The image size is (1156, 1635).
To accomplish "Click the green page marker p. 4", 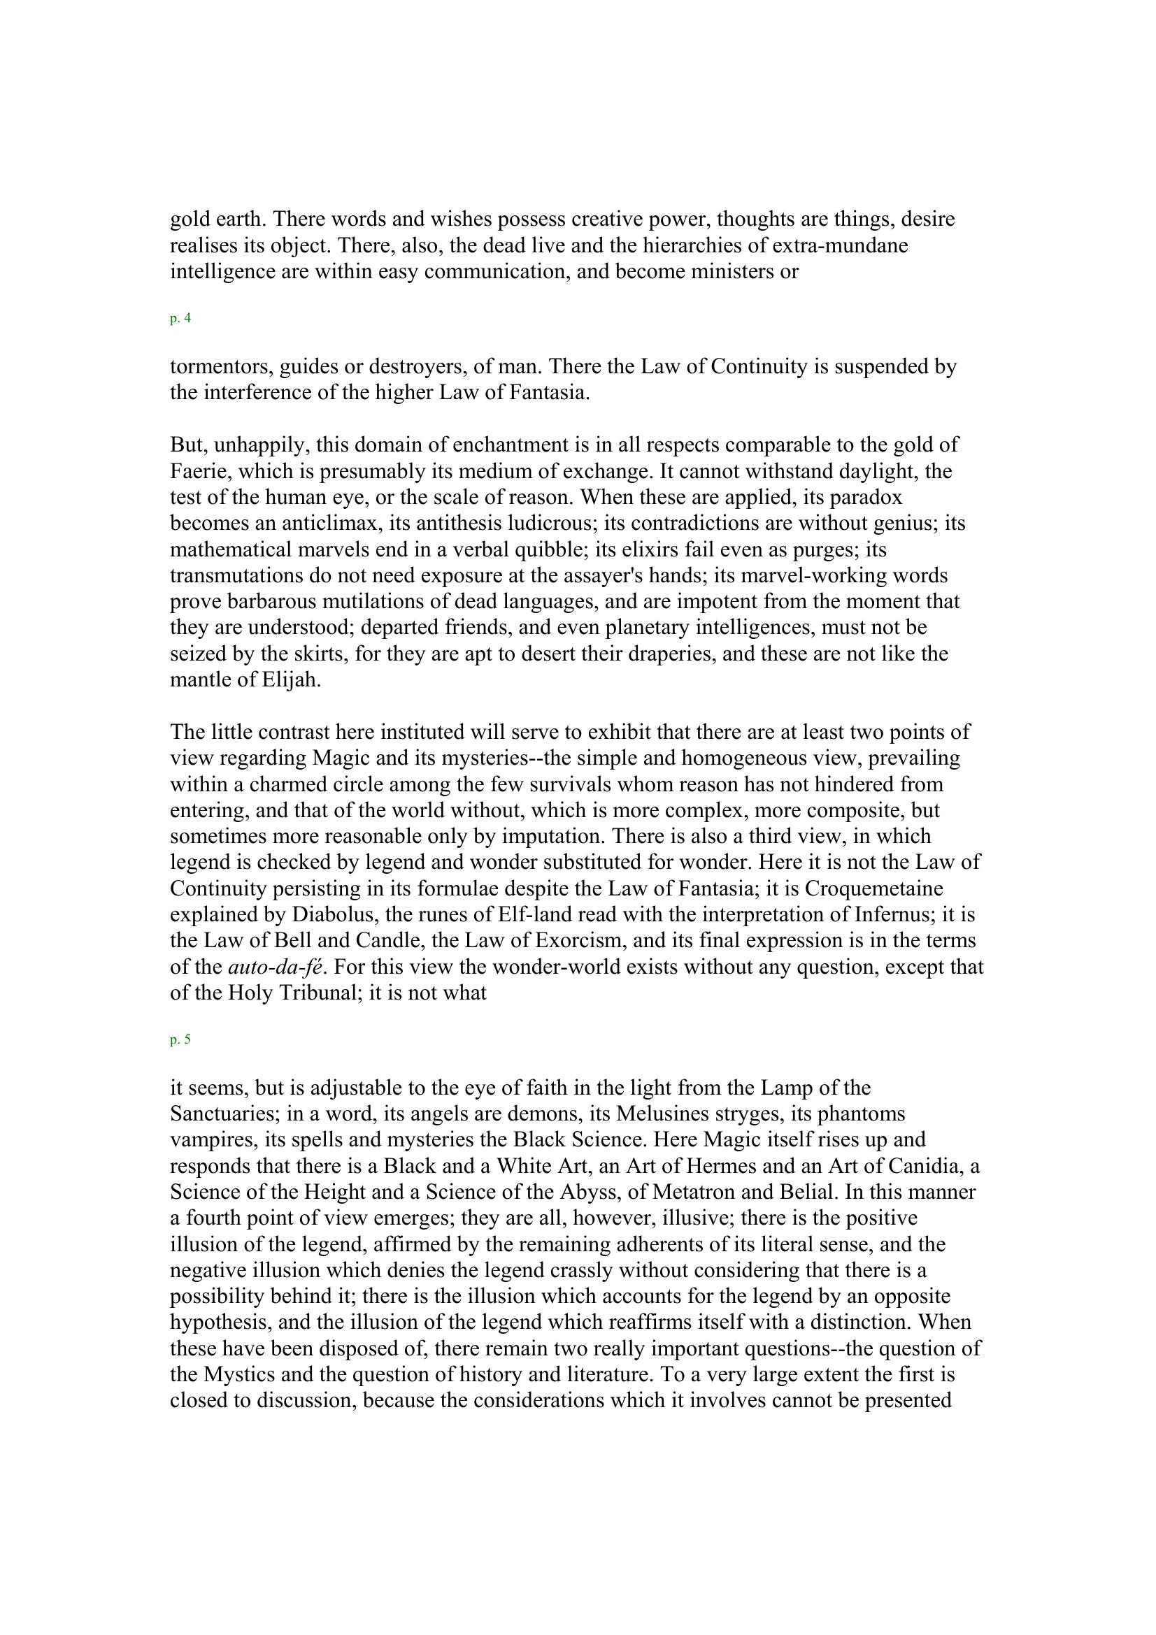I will pyautogui.click(x=180, y=319).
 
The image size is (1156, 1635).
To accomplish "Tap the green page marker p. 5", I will pyautogui.click(x=180, y=1039).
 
